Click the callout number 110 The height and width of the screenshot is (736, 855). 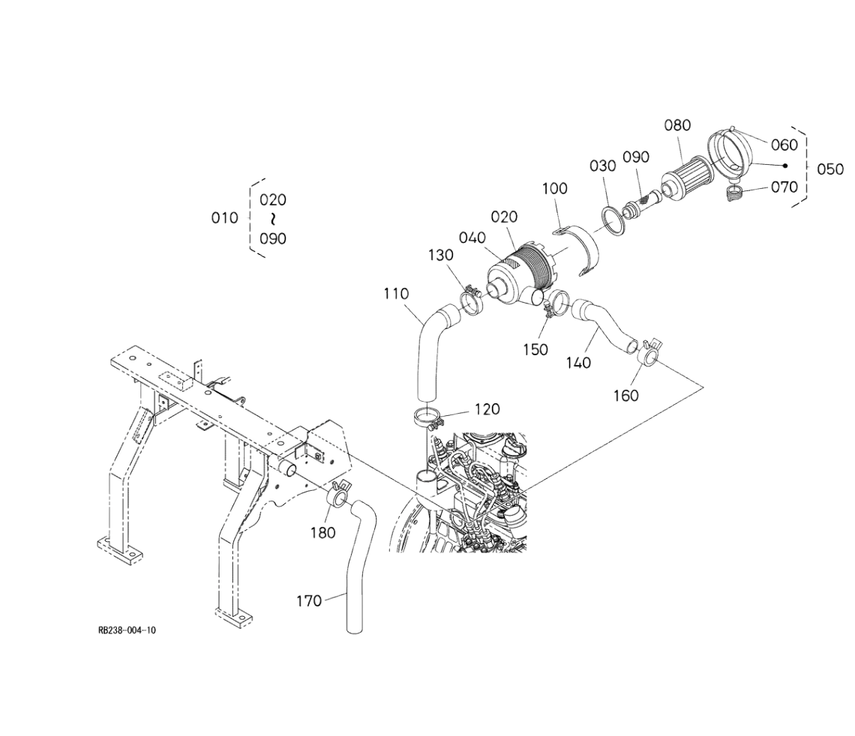click(396, 295)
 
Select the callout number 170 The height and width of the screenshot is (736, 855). click(309, 601)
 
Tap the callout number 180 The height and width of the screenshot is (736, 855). click(323, 533)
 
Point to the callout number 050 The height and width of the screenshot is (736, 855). click(830, 169)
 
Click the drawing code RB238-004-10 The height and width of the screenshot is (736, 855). click(127, 630)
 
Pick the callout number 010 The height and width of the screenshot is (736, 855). click(225, 218)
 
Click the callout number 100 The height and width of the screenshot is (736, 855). click(555, 188)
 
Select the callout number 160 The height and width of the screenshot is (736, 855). click(626, 396)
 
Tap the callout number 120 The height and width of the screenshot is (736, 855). click(487, 409)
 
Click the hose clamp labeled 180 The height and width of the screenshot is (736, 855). click(338, 493)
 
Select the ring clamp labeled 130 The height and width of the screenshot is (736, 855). click(471, 301)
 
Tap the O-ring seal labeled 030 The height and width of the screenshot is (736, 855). click(614, 220)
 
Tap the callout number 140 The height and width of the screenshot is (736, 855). click(578, 363)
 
